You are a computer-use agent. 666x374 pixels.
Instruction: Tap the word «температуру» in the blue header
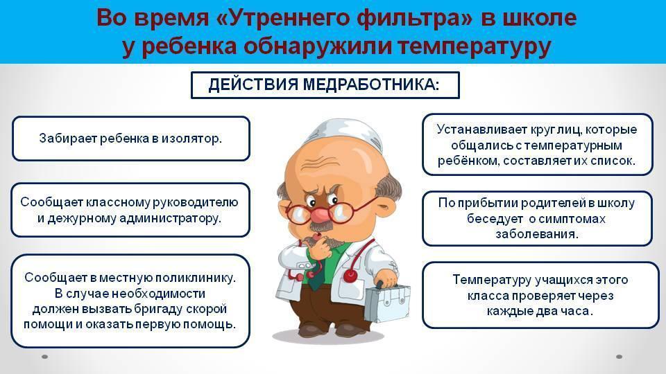(x=475, y=47)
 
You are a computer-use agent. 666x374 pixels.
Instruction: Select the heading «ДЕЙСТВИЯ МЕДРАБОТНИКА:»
(x=324, y=84)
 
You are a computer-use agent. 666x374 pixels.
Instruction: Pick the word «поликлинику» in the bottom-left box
(x=196, y=278)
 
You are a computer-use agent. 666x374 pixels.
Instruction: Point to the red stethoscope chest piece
(x=350, y=276)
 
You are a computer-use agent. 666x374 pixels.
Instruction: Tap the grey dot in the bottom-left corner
(x=44, y=357)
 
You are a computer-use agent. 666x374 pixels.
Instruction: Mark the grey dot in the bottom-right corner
(x=620, y=357)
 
